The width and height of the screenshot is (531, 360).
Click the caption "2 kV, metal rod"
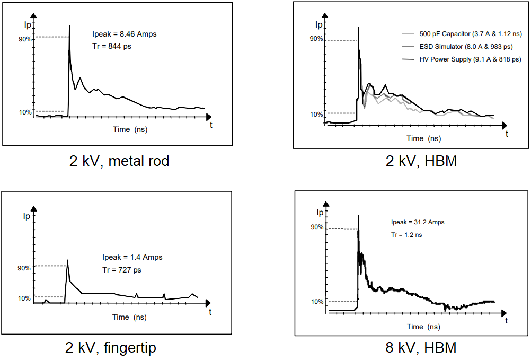click(119, 161)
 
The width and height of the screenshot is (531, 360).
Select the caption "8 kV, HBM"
click(421, 348)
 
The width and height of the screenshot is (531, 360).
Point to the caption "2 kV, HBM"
click(421, 161)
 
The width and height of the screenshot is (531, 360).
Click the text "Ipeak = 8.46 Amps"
click(124, 34)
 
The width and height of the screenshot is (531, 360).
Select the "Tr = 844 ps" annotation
click(111, 46)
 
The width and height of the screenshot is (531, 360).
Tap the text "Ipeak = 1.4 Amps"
click(132, 257)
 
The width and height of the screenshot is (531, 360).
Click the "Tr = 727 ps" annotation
click(121, 269)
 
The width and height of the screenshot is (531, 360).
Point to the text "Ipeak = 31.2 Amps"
click(418, 222)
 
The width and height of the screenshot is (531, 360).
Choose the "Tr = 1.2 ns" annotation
click(406, 234)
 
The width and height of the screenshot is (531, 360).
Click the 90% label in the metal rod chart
click(25, 39)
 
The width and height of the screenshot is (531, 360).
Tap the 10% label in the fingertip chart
click(25, 298)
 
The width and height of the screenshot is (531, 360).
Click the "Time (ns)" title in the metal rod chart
click(130, 129)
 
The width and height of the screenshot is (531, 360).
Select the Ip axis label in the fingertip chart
click(26, 216)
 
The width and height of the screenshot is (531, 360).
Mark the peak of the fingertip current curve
click(67, 260)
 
